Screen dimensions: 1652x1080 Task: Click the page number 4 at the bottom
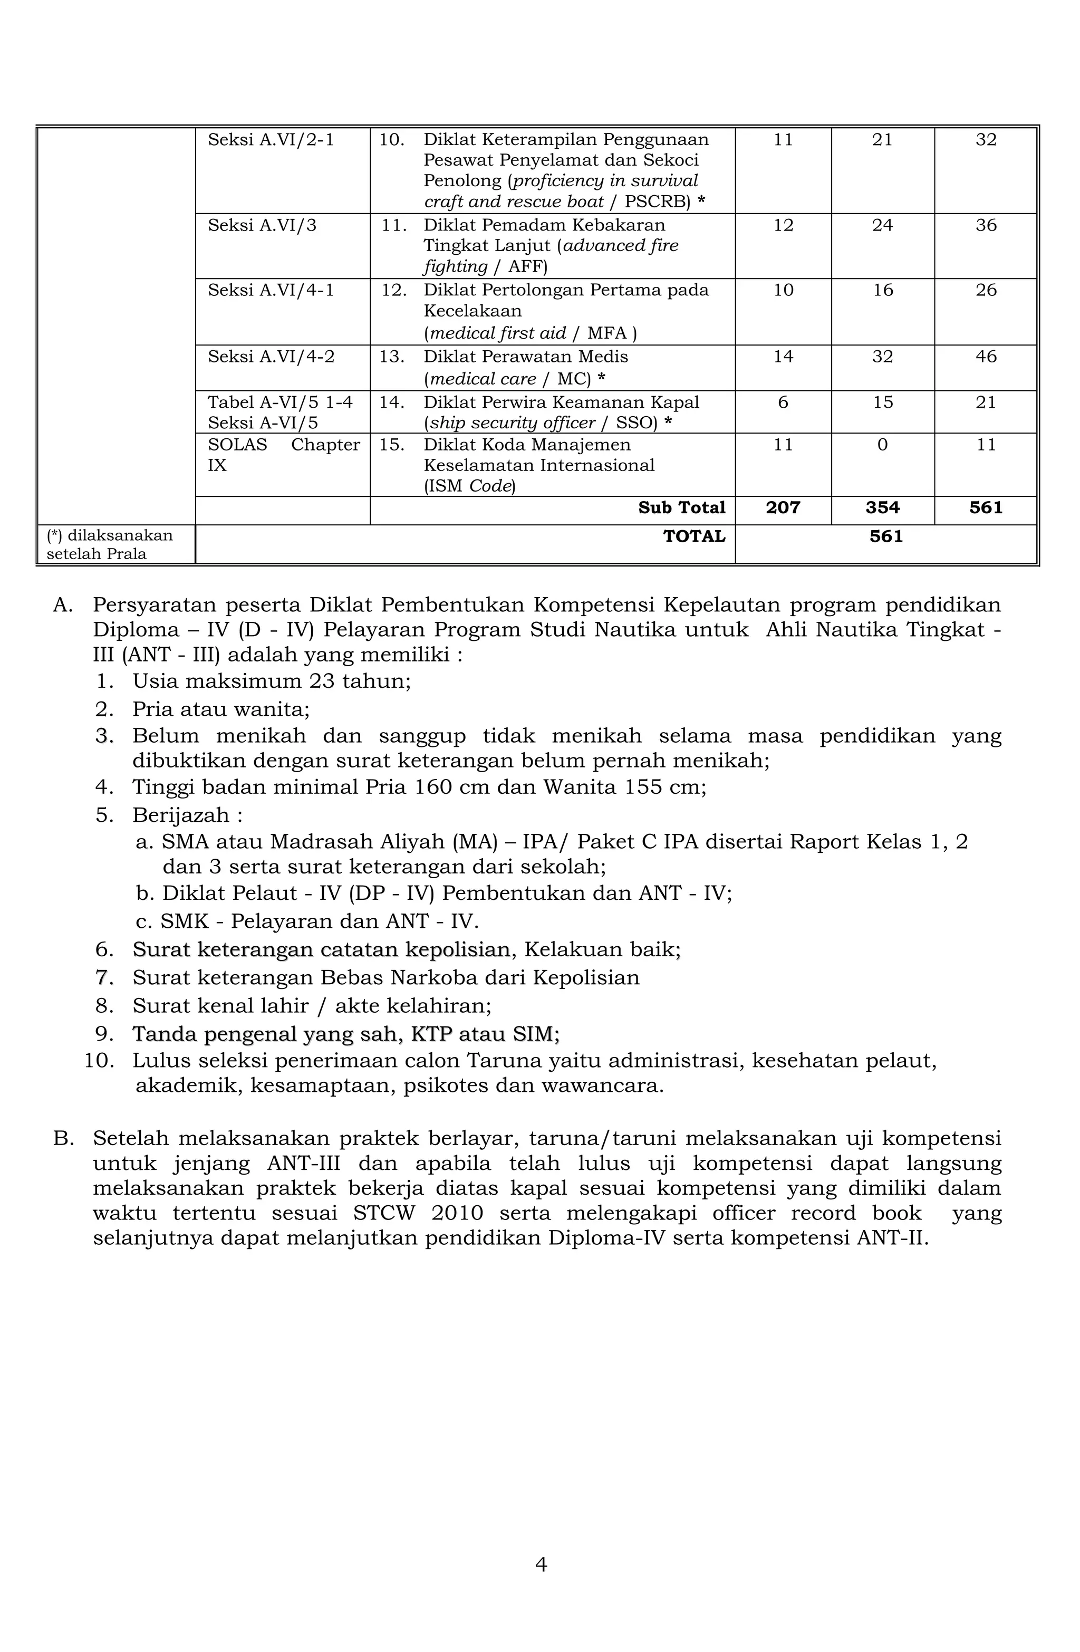click(541, 1564)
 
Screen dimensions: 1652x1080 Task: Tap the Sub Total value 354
click(882, 507)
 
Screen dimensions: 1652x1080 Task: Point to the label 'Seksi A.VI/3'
click(262, 225)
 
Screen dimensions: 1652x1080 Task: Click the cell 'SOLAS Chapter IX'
click(283, 455)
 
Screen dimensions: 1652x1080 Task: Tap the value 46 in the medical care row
click(986, 357)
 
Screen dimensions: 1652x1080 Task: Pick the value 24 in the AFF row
click(882, 225)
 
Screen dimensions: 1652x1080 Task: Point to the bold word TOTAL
click(693, 536)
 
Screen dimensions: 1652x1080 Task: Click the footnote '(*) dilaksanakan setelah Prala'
click(110, 544)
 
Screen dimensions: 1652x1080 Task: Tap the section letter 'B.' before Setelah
click(62, 1138)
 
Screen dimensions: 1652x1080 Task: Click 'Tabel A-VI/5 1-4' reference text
click(279, 402)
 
